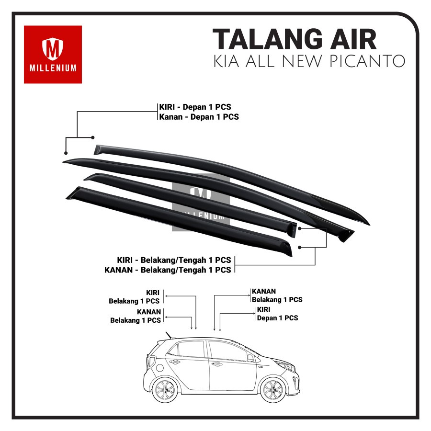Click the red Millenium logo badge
tap(53, 55)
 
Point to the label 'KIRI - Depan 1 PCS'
tap(198, 107)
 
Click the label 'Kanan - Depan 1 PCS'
tap(199, 116)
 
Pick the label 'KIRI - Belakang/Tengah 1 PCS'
tap(174, 260)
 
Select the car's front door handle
tap(216, 364)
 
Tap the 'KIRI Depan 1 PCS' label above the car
tap(277, 314)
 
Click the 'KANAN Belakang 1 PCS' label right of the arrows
tap(277, 295)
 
